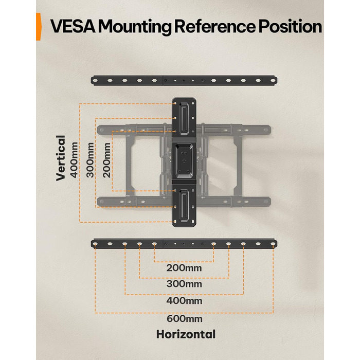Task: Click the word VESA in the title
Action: (73, 27)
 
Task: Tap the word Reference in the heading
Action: (214, 27)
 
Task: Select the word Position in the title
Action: (290, 27)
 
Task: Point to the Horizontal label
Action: (186, 334)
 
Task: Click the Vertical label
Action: (61, 158)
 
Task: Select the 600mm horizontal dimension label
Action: (184, 319)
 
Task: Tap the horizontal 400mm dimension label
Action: (184, 300)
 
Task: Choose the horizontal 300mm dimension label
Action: (184, 284)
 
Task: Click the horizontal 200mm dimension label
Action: (184, 268)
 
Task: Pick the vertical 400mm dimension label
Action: (75, 160)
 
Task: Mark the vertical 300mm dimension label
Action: (90, 160)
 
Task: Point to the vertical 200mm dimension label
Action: (107, 160)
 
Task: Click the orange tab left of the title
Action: (39, 27)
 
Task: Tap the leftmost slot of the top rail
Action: (95, 81)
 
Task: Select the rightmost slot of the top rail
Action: (273, 81)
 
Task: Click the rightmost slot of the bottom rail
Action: (273, 244)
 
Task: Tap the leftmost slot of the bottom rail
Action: (95, 244)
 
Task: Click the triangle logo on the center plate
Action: (184, 161)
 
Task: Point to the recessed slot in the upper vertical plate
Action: (184, 119)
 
